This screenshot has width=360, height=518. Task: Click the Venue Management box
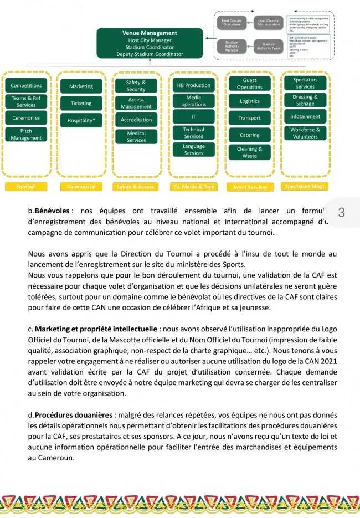click(x=150, y=43)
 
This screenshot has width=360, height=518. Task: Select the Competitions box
click(x=26, y=86)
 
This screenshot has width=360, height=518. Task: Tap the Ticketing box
click(x=81, y=103)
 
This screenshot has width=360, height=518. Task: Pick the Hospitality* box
click(x=81, y=120)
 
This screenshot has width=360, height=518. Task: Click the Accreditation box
click(x=136, y=120)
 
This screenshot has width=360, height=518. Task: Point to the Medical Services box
click(x=136, y=136)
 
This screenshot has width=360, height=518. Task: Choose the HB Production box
click(x=194, y=86)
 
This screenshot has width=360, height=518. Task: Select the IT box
click(x=194, y=117)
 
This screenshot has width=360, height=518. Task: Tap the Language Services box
click(x=194, y=150)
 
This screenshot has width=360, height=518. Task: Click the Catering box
click(x=249, y=135)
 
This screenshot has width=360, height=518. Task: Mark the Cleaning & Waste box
click(x=249, y=152)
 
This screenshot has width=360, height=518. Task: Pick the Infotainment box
click(x=305, y=117)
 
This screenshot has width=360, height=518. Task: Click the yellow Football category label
click(x=26, y=187)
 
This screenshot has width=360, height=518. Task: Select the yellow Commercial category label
click(x=81, y=187)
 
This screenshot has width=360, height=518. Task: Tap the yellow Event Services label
click(x=249, y=187)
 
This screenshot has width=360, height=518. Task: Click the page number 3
click(x=341, y=212)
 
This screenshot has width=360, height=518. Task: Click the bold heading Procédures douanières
click(x=74, y=415)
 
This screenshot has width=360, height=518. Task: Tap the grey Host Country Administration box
click(x=269, y=22)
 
